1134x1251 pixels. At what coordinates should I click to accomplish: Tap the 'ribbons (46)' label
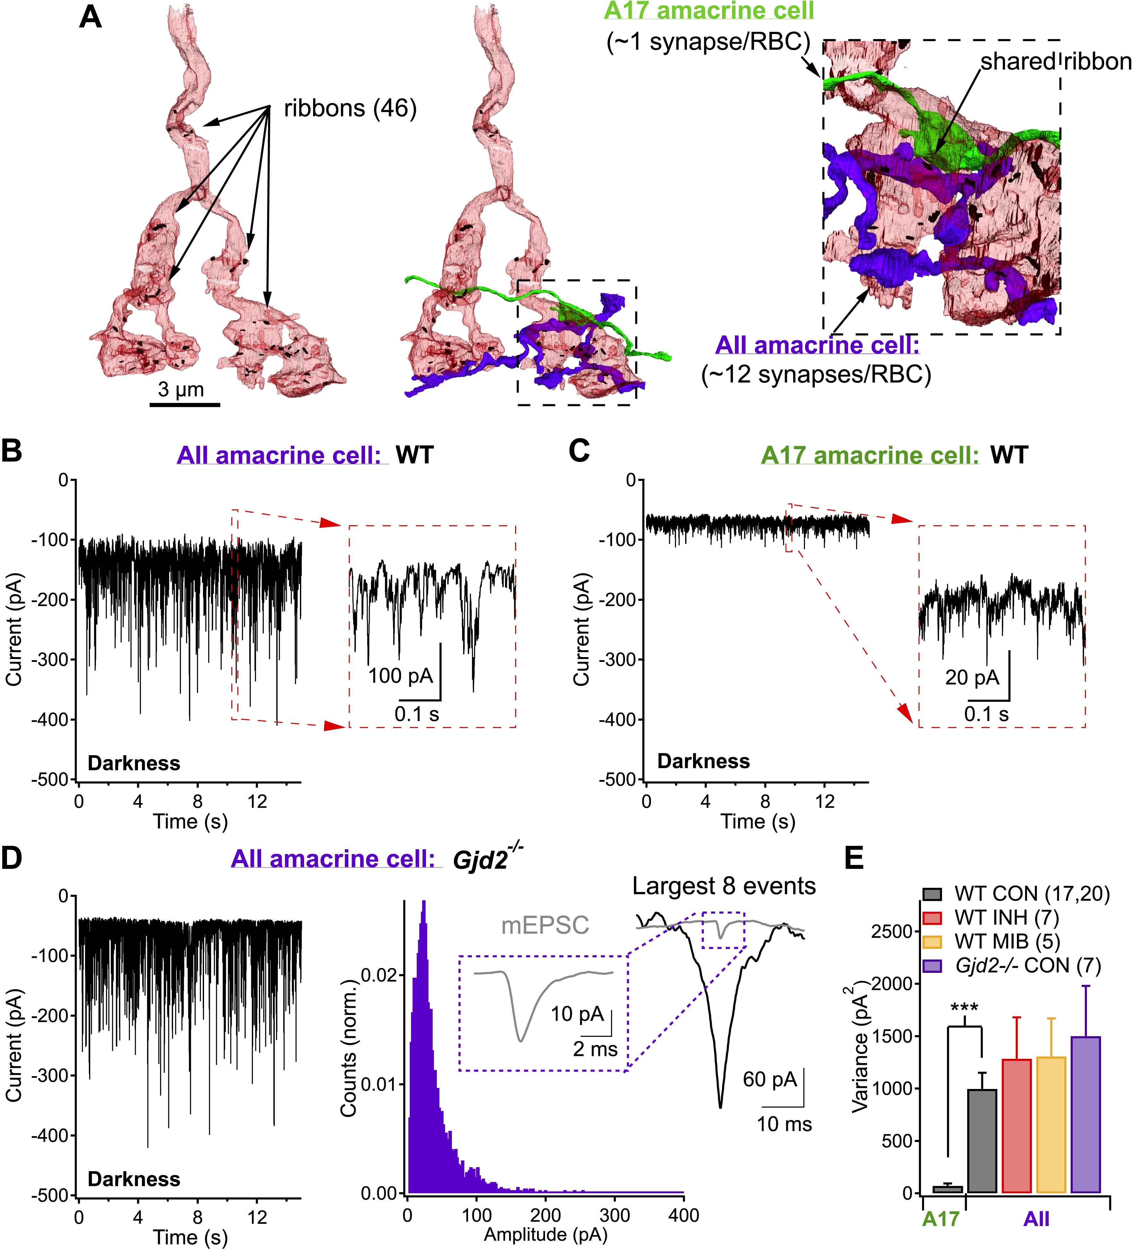[350, 108]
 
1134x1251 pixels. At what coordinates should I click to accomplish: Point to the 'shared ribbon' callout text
[1056, 61]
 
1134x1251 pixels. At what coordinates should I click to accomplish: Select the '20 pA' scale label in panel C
[972, 677]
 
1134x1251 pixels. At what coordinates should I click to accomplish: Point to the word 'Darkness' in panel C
[703, 761]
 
